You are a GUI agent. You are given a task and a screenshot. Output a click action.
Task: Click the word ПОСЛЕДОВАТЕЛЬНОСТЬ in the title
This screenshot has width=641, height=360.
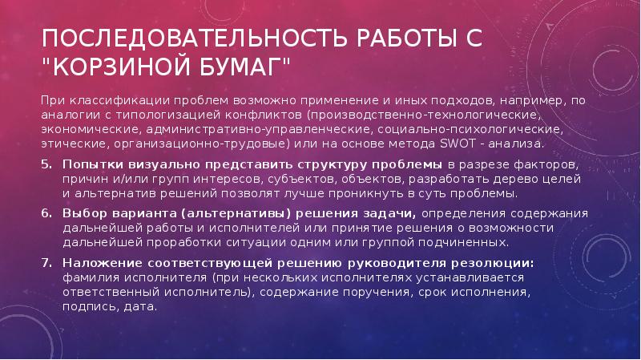[x=194, y=38]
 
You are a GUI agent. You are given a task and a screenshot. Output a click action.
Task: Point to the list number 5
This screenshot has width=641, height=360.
[x=46, y=165]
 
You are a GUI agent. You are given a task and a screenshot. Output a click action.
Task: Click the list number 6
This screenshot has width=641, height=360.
[x=46, y=213]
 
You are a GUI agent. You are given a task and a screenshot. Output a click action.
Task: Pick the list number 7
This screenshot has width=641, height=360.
[x=46, y=263]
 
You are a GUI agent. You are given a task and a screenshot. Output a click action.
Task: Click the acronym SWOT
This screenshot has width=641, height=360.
[x=458, y=144]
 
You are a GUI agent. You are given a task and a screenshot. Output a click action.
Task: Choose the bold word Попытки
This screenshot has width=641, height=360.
[x=93, y=165]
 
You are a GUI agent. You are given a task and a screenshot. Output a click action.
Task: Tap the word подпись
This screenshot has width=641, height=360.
[x=91, y=307]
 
